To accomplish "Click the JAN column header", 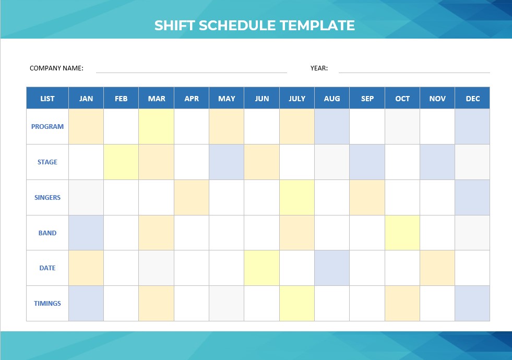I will pyautogui.click(x=86, y=98).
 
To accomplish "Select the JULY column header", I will pyautogui.click(x=297, y=98).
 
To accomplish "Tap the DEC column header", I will pyautogui.click(x=472, y=98).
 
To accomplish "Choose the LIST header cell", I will pyautogui.click(x=47, y=98).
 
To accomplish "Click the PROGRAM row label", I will pyautogui.click(x=47, y=126).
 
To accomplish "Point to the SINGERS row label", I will pyautogui.click(x=47, y=197).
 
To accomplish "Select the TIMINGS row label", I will pyautogui.click(x=47, y=303).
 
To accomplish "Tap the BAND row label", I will pyautogui.click(x=47, y=233).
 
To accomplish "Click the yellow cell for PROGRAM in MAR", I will pyautogui.click(x=157, y=126).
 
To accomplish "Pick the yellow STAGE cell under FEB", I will pyautogui.click(x=121, y=162).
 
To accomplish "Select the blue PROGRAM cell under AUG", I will pyautogui.click(x=332, y=126).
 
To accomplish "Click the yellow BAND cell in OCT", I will pyautogui.click(x=402, y=233).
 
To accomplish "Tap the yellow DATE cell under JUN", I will pyautogui.click(x=262, y=268).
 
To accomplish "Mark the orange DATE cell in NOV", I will pyautogui.click(x=437, y=268).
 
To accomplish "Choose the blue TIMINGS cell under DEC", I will pyautogui.click(x=472, y=303).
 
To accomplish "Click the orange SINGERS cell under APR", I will pyautogui.click(x=192, y=197).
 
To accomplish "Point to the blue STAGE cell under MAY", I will pyautogui.click(x=227, y=162).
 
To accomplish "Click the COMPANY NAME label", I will pyautogui.click(x=56, y=68).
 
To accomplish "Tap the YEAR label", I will pyautogui.click(x=319, y=68).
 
